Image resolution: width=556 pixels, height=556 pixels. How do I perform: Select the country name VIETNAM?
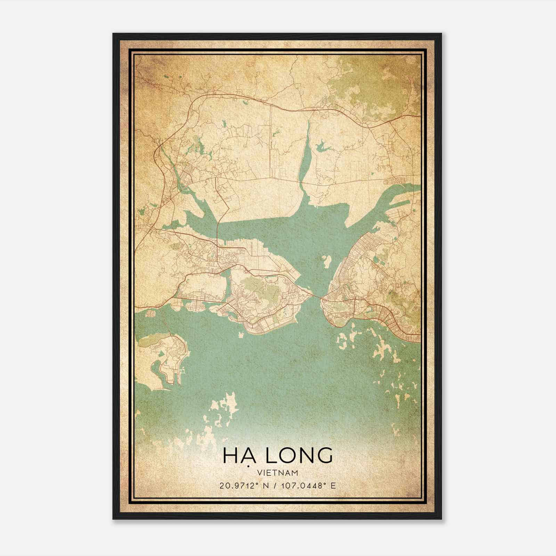click(278, 473)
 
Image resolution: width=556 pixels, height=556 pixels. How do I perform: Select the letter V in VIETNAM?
click(260, 473)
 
